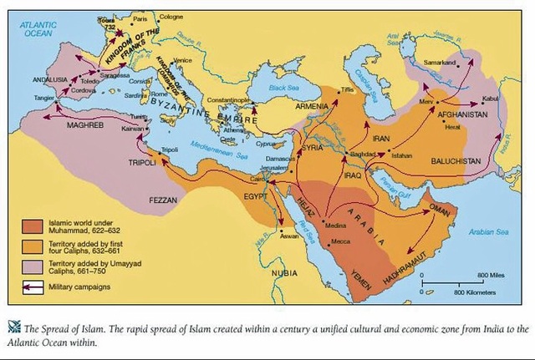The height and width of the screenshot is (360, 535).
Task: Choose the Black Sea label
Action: [284, 86]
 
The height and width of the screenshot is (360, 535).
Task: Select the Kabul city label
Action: [491, 97]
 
